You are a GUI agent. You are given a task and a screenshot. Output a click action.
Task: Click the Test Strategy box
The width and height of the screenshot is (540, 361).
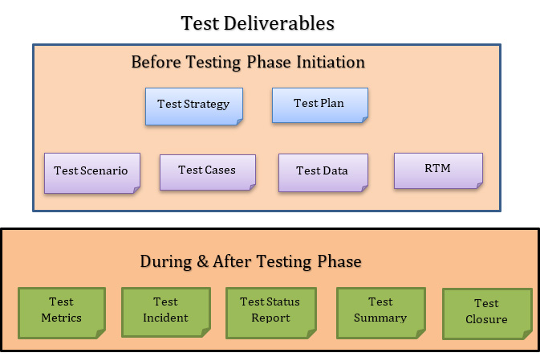[194, 106]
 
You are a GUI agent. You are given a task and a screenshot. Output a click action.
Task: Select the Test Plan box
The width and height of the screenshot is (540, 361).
[320, 105]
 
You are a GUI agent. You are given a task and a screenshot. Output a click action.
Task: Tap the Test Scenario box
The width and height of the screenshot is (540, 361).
[92, 173]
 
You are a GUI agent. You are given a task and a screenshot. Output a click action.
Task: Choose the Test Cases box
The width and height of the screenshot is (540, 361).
[208, 172]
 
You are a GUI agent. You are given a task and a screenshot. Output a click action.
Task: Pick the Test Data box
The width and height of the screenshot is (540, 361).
[323, 173]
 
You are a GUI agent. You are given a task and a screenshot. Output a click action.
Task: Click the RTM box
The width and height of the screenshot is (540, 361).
[438, 170]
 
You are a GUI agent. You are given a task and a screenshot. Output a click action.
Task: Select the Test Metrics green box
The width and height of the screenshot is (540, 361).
[62, 313]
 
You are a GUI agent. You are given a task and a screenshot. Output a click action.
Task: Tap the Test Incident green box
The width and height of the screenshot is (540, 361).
[166, 312]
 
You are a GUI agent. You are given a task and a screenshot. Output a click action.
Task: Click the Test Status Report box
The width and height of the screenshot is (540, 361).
[271, 313]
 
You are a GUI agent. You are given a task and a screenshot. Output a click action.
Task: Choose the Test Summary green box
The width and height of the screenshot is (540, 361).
[381, 313]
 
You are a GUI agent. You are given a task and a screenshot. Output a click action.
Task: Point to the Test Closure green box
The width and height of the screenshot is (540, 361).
[487, 314]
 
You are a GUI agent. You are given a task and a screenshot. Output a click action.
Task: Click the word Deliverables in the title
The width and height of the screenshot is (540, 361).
[279, 23]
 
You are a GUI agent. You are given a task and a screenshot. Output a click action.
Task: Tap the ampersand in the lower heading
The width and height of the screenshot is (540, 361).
[202, 261]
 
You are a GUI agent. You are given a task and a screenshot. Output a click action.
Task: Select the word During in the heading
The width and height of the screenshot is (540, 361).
[165, 262]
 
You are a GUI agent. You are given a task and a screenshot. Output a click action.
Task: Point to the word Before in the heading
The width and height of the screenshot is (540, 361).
[156, 62]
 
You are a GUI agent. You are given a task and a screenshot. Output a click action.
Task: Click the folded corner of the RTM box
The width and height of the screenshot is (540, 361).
[479, 186]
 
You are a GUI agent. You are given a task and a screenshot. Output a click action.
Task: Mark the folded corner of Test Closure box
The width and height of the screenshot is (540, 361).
[528, 334]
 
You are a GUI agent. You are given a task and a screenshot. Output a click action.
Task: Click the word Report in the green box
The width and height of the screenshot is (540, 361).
[270, 318]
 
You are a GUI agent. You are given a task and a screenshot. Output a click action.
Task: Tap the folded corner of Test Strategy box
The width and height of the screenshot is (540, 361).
[239, 122]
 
